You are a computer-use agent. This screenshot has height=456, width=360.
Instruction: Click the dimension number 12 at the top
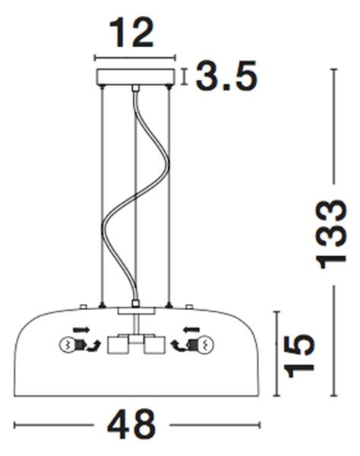(131, 32)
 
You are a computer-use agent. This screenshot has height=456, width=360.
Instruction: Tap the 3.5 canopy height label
(226, 75)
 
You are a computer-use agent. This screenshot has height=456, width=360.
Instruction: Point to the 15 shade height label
(299, 356)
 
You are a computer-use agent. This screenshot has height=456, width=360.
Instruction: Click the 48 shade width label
(131, 425)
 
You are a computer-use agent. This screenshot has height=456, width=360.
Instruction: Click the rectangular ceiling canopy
(135, 77)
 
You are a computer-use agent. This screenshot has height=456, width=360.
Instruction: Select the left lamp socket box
(118, 345)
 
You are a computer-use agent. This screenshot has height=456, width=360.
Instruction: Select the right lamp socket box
(154, 345)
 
